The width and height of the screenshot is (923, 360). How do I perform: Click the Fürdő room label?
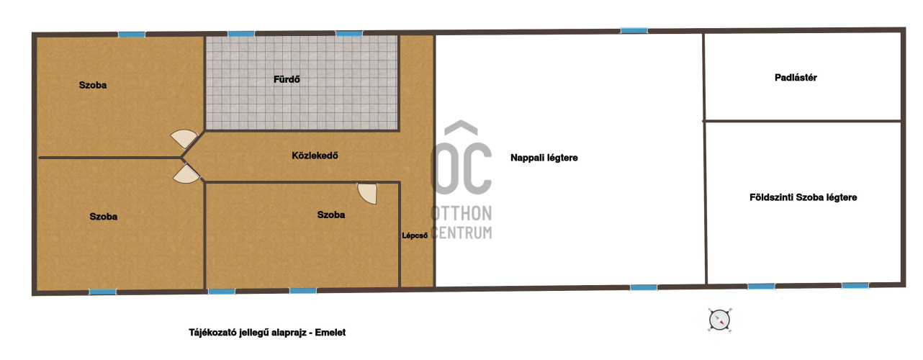pyautogui.click(x=287, y=79)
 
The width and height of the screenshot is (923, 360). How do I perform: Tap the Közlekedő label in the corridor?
pyautogui.click(x=315, y=156)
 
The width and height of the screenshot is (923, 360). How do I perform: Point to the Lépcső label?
pyautogui.click(x=415, y=235)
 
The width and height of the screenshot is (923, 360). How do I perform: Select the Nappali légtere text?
pyautogui.click(x=544, y=158)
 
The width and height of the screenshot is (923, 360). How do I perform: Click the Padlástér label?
pyautogui.click(x=796, y=78)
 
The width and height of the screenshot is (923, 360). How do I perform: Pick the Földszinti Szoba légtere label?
pyautogui.click(x=803, y=197)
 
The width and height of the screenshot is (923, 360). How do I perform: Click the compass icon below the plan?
pyautogui.click(x=719, y=320)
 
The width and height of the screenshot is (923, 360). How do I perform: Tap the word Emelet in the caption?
pyautogui.click(x=330, y=333)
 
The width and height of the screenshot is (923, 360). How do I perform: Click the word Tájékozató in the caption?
pyautogui.click(x=212, y=333)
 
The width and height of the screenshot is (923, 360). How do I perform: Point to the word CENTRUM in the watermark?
pyautogui.click(x=461, y=233)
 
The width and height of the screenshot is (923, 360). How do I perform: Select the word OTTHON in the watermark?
pyautogui.click(x=461, y=213)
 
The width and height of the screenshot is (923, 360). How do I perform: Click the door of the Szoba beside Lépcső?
pyautogui.click(x=367, y=193)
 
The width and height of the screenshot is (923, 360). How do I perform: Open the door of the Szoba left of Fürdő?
pyautogui.click(x=184, y=138)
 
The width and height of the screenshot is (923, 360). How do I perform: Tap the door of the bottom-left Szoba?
pyautogui.click(x=186, y=174)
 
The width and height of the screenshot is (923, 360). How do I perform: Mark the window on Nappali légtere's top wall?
pyautogui.click(x=634, y=30)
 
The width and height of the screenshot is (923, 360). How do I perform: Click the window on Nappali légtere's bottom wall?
pyautogui.click(x=644, y=287)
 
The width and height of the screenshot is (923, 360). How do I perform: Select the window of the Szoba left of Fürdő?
pyautogui.click(x=132, y=35)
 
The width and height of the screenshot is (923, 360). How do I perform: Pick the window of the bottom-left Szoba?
pyautogui.click(x=103, y=292)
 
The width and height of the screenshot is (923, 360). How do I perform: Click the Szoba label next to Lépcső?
pyautogui.click(x=331, y=215)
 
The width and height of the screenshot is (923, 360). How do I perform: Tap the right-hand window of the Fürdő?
pyautogui.click(x=349, y=33)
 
